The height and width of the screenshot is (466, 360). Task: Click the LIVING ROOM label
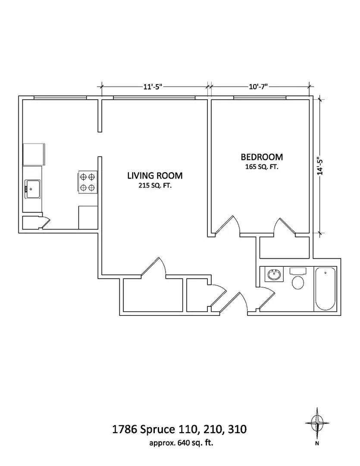(x=154, y=176)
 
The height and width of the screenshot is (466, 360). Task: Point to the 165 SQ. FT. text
(x=261, y=167)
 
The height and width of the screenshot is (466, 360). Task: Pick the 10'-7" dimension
(x=258, y=86)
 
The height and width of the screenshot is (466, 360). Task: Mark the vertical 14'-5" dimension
(x=320, y=165)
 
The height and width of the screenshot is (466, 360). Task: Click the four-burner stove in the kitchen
(x=87, y=182)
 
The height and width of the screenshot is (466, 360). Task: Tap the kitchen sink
(x=33, y=189)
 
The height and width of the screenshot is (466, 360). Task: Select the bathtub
(x=325, y=289)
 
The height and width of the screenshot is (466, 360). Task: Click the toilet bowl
(x=298, y=283)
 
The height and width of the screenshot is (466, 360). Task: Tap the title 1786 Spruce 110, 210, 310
(x=179, y=429)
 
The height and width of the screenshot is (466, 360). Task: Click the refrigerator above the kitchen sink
(x=33, y=154)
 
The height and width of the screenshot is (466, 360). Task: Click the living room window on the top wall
(x=154, y=98)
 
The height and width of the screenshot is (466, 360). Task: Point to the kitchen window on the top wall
(x=60, y=98)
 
